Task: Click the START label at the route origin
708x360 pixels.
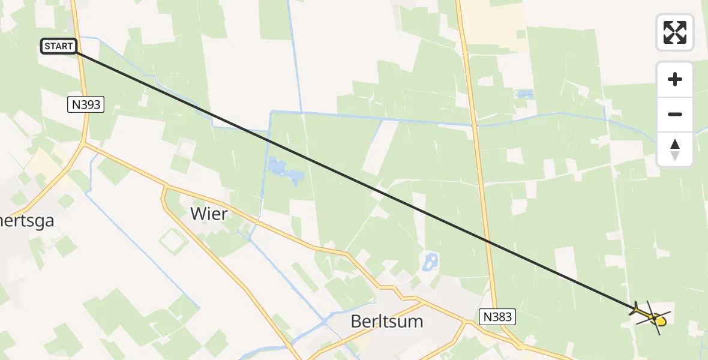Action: [x=59, y=46]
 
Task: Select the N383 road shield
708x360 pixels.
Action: [x=497, y=316]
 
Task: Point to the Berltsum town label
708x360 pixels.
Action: [x=386, y=321]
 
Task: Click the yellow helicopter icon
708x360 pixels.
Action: [x=651, y=316]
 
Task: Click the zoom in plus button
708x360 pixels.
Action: [x=675, y=79]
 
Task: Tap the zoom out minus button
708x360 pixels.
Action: [x=675, y=114]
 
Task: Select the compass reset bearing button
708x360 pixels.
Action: [x=675, y=149]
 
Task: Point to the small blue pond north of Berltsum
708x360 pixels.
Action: [x=430, y=261]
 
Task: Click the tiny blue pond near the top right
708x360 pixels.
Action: [x=526, y=94]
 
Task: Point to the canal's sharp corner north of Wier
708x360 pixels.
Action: [x=272, y=112]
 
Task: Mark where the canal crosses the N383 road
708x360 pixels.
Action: [x=474, y=125]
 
